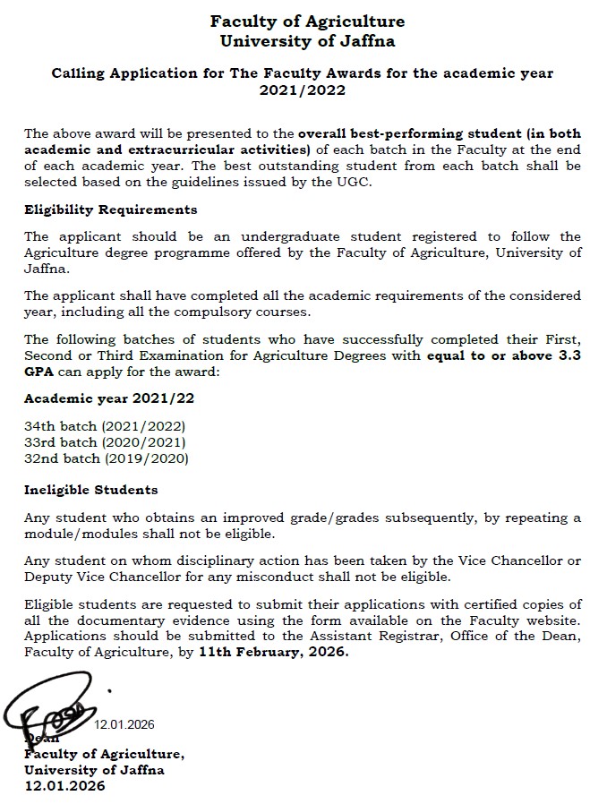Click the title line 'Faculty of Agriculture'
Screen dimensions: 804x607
(x=307, y=21)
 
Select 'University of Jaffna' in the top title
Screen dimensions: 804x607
(x=307, y=39)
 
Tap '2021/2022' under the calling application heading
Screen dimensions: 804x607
(x=303, y=90)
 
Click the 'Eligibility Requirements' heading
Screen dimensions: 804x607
(x=111, y=210)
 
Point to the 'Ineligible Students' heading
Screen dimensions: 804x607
(x=91, y=490)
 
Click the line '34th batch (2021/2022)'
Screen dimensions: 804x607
(x=105, y=427)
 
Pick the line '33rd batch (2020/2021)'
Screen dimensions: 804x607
(x=106, y=443)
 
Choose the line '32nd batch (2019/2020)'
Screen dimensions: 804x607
(x=107, y=458)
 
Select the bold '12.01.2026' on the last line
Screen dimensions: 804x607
(x=64, y=785)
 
